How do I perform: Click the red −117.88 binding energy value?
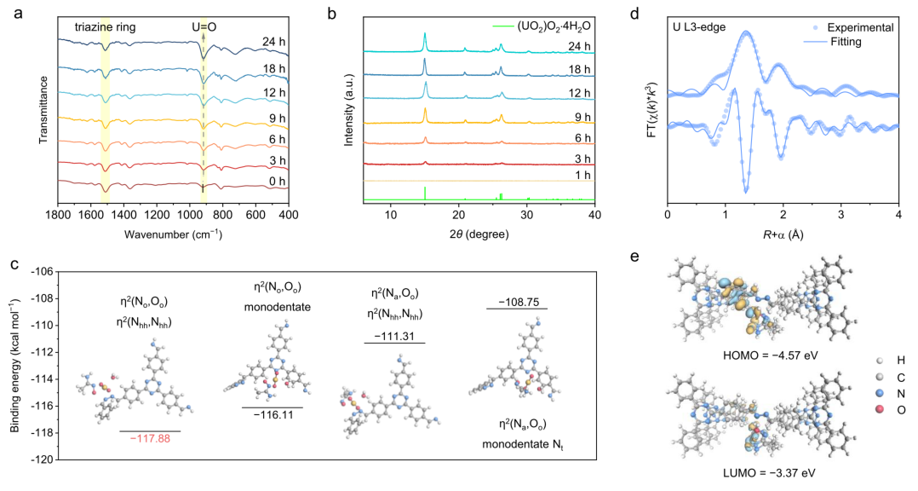[151, 438]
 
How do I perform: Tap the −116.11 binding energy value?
[273, 415]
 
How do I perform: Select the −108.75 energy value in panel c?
[518, 302]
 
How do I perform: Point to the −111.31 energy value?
[394, 336]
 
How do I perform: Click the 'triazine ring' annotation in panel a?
[106, 27]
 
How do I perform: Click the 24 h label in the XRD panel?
[579, 46]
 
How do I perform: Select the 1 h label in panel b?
[582, 175]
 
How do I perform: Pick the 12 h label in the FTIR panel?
[274, 93]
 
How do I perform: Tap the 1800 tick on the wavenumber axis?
[58, 215]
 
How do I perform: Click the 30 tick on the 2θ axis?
[527, 215]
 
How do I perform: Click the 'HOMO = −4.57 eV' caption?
[771, 355]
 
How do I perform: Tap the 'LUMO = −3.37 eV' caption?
[769, 472]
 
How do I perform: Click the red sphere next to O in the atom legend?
[879, 409]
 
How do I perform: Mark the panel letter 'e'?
[634, 257]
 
